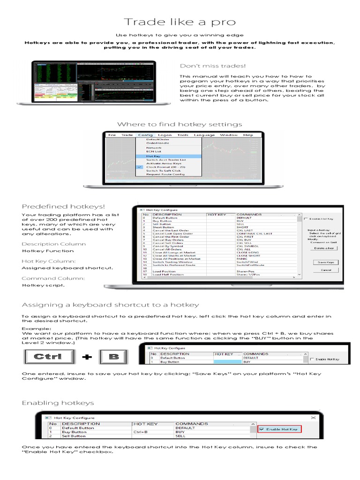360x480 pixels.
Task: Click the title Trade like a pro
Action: tap(180, 22)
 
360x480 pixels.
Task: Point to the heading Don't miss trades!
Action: tap(213, 66)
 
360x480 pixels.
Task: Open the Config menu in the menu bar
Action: tap(145, 135)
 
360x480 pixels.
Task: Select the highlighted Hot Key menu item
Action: tap(153, 156)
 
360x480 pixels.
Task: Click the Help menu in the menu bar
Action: tap(248, 135)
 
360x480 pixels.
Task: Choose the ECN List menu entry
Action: tap(154, 151)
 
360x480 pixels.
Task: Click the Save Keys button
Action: tap(325, 262)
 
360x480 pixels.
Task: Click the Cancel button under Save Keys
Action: tap(325, 270)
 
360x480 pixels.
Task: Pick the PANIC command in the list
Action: tap(243, 258)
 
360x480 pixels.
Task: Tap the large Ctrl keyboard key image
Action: tap(49, 357)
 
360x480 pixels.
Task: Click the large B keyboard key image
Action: tap(114, 357)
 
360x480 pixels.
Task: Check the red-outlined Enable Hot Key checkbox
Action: tap(261, 429)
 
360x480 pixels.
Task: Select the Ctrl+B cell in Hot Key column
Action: tap(141, 432)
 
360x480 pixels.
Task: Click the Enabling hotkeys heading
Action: tap(58, 403)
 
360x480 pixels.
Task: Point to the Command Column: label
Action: tap(46, 278)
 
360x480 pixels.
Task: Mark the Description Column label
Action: tap(54, 244)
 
